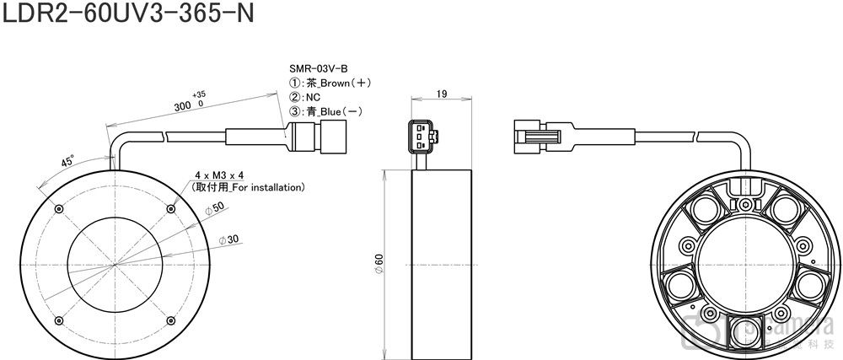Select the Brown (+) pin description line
click(x=330, y=83)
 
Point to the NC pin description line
click(x=304, y=97)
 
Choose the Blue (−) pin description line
click(x=327, y=111)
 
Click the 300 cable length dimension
click(x=183, y=106)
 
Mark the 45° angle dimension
click(x=67, y=161)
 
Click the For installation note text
click(x=249, y=186)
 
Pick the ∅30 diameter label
click(x=228, y=239)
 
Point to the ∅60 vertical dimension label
click(x=379, y=263)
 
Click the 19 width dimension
click(x=442, y=94)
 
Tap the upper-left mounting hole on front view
click(x=57, y=209)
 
